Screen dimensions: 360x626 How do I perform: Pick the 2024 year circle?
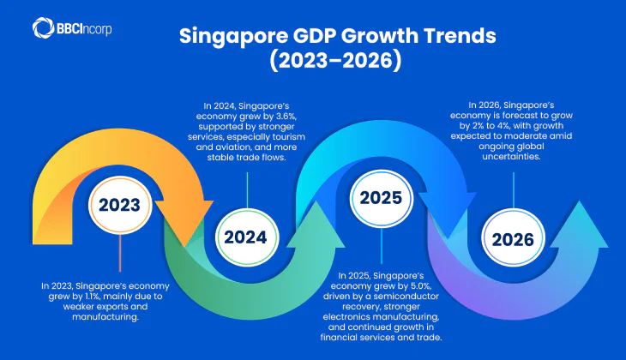(x=246, y=237)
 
